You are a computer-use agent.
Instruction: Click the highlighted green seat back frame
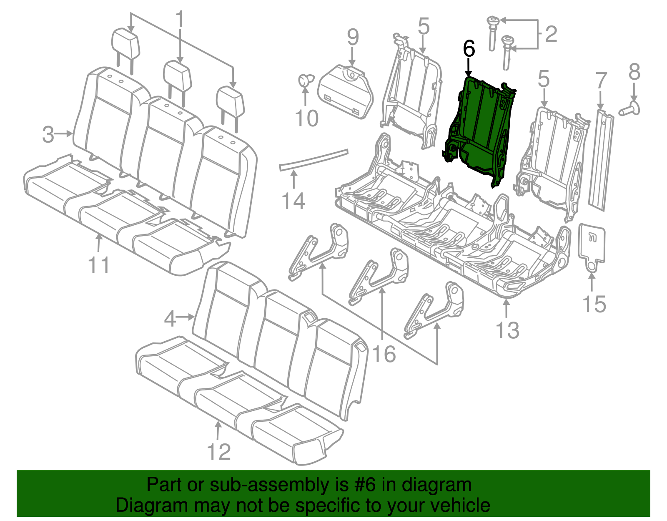479,125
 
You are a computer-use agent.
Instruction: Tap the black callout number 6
469,49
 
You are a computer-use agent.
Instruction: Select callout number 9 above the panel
353,38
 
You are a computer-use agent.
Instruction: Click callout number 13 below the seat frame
507,330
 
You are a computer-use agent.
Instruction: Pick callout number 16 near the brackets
384,354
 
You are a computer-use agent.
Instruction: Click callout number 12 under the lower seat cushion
219,452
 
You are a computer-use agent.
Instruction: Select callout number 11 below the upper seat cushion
99,265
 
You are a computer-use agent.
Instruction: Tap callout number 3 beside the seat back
48,135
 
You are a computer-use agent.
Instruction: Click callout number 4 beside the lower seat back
170,319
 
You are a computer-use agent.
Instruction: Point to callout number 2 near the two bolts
551,34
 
